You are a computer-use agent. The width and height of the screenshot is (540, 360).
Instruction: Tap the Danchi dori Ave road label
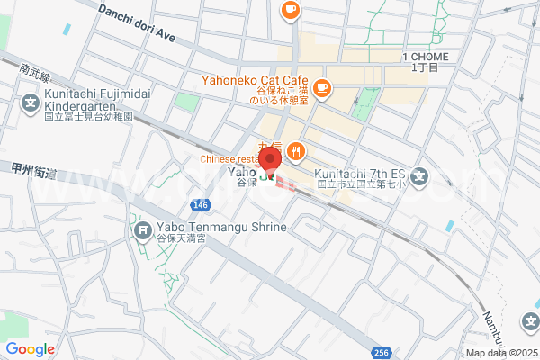point(137,24)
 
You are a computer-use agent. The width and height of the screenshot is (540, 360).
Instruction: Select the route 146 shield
point(201,206)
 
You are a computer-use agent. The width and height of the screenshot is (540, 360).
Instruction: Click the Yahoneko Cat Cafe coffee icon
point(323,88)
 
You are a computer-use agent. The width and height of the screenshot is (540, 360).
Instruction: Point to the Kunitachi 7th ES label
point(360,175)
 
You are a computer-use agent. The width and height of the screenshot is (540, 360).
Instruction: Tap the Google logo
point(30,349)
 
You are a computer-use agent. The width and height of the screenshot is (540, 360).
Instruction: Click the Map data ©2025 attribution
point(500,353)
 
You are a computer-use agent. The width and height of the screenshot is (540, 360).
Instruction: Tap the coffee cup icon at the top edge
point(290,9)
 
